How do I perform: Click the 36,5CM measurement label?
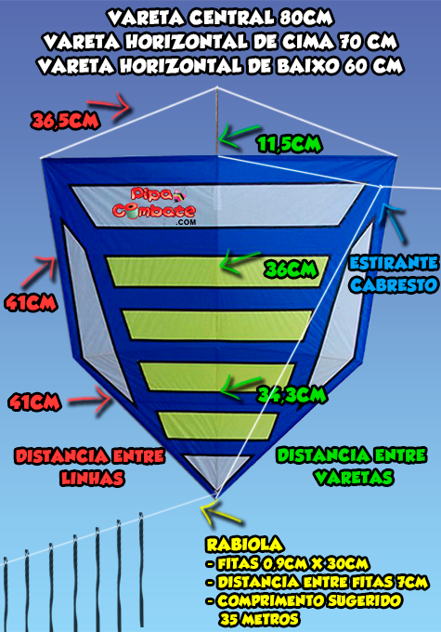coord(65,121)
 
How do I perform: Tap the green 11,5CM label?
coord(290,144)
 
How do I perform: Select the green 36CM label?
coord(291,270)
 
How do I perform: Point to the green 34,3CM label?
coord(292,395)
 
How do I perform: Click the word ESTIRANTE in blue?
coord(394,263)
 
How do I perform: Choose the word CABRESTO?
coord(394,285)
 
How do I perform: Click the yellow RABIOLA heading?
coord(244,545)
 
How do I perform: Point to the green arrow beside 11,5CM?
coord(239,136)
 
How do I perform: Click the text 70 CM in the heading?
coord(369,42)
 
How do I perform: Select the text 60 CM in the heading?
coord(373,66)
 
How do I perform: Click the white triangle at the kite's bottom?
coord(217,469)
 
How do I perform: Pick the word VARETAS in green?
coord(354,478)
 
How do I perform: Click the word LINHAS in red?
coord(92,478)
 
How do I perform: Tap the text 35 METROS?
coord(259,619)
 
